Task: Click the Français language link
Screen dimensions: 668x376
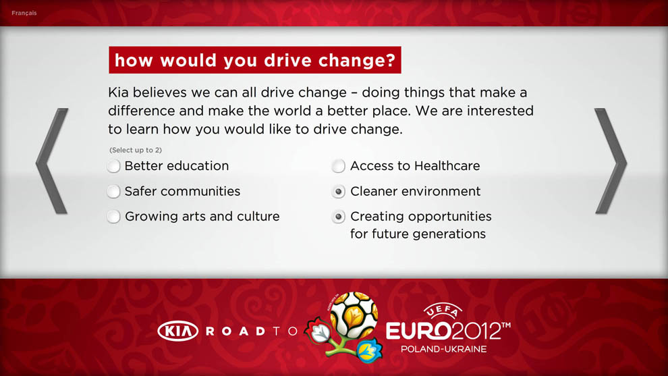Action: [24, 14]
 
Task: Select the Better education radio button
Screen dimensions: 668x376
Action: [114, 166]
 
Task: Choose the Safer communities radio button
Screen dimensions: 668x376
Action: [114, 192]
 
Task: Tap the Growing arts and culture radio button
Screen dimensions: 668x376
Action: [114, 217]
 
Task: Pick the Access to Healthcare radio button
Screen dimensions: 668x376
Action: [339, 166]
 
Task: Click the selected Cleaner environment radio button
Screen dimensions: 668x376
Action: [339, 192]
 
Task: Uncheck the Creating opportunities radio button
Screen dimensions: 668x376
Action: [339, 217]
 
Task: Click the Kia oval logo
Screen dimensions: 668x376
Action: [177, 331]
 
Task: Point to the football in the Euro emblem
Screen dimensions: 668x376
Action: [354, 315]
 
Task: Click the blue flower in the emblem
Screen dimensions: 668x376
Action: [369, 350]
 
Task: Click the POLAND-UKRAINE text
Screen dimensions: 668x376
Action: [443, 349]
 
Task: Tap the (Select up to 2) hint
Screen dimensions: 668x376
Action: [136, 150]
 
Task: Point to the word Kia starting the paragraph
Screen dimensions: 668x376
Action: [118, 92]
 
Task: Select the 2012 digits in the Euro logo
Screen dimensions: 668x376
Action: [476, 331]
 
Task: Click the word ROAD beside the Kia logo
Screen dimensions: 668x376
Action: [236, 331]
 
